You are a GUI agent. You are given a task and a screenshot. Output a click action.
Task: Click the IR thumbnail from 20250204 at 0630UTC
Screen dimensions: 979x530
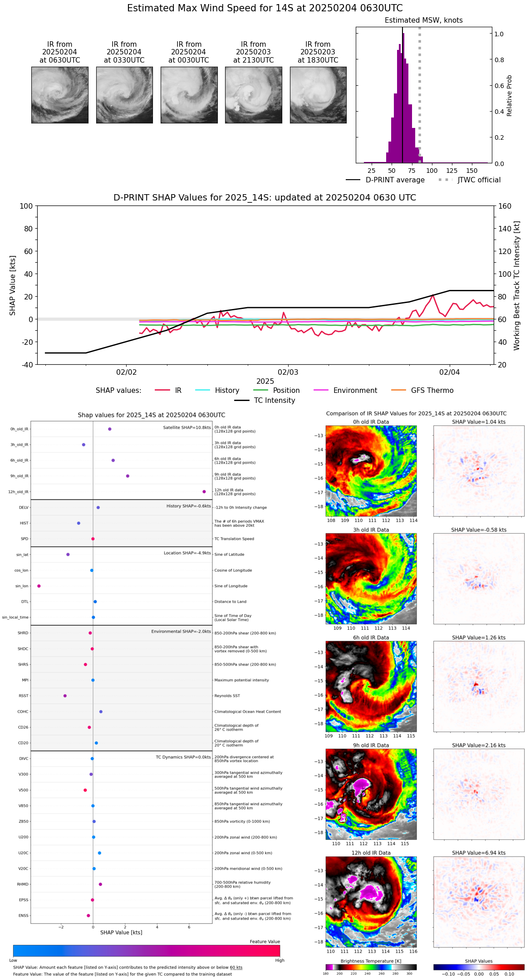(x=59, y=95)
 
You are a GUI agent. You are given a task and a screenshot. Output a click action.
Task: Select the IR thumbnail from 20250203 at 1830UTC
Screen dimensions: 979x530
(x=318, y=95)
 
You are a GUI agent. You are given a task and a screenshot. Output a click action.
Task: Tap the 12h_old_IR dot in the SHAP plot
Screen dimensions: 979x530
(x=204, y=492)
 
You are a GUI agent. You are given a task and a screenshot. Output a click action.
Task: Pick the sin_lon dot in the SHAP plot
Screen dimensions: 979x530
(x=39, y=586)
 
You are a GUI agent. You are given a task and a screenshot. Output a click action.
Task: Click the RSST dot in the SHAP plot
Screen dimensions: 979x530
(x=65, y=695)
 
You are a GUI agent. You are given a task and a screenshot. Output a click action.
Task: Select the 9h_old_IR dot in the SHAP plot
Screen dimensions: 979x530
(x=128, y=476)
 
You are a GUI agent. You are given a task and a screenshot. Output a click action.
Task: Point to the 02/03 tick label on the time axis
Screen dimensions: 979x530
(x=288, y=372)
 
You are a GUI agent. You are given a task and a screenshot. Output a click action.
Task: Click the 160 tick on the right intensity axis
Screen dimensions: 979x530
(x=505, y=206)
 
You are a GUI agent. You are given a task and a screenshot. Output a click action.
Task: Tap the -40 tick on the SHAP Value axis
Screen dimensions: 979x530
(x=26, y=365)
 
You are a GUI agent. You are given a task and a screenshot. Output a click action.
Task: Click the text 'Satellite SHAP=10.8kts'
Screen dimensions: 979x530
(x=187, y=427)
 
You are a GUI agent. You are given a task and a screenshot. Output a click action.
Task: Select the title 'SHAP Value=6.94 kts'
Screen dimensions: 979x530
(x=479, y=853)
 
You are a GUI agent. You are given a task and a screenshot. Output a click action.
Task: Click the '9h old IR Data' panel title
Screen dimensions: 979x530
(x=371, y=745)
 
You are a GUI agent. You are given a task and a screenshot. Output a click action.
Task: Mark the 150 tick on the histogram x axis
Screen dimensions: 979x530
(x=472, y=171)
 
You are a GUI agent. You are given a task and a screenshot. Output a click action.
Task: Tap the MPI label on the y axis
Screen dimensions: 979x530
(x=25, y=680)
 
